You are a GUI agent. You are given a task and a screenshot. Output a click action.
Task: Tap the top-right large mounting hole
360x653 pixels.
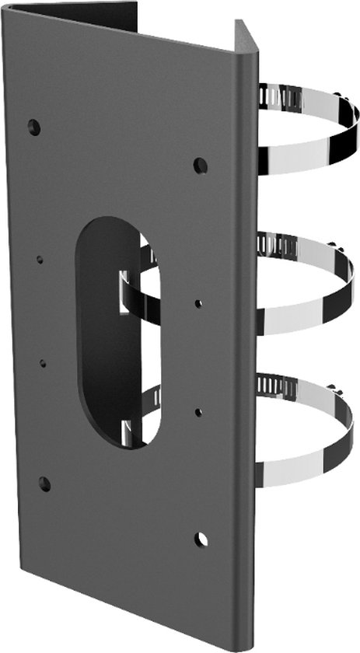coord(201,165)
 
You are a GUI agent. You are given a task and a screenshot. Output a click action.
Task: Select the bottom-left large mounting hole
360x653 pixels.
coord(44,484)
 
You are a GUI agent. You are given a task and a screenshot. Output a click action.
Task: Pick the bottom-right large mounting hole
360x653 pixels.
coord(201,539)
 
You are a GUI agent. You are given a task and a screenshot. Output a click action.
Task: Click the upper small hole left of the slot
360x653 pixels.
coord(40,259)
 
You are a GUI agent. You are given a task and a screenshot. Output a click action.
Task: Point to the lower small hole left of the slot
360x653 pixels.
coord(43,363)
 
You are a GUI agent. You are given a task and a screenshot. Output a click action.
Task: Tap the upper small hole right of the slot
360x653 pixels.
coord(199,303)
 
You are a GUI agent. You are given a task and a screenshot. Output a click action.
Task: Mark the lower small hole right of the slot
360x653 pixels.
coord(199,412)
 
